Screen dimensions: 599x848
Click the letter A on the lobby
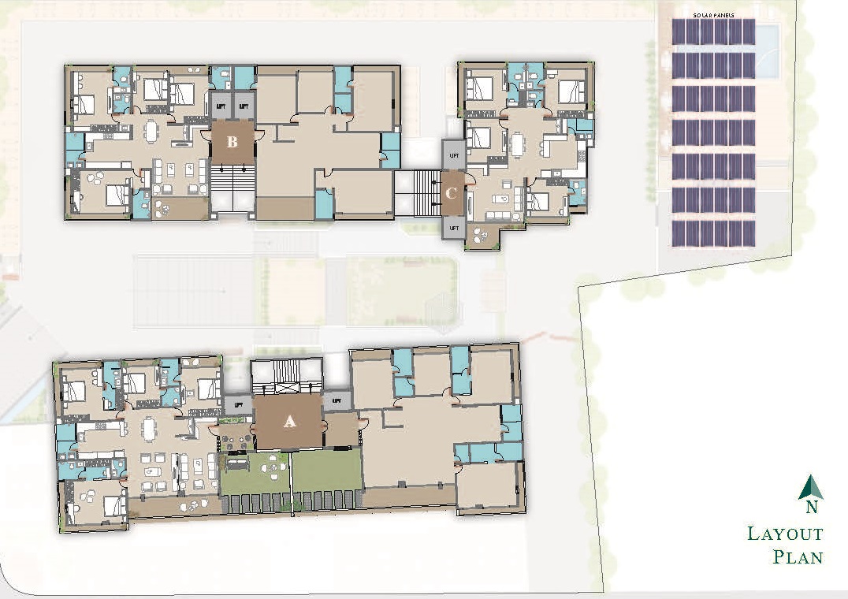point(289,422)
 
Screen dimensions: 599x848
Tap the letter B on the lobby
point(232,143)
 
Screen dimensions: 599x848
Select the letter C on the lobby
point(452,193)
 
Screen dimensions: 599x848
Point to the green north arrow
point(810,489)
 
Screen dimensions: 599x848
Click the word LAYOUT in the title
point(785,534)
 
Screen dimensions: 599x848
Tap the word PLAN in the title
point(798,557)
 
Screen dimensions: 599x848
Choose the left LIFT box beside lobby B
point(221,104)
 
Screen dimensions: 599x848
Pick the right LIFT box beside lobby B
point(244,104)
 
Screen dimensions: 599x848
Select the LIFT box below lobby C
point(453,228)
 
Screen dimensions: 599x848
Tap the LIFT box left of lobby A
point(237,404)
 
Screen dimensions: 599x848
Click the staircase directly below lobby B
point(232,188)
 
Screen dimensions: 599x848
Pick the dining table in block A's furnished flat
point(150,428)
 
